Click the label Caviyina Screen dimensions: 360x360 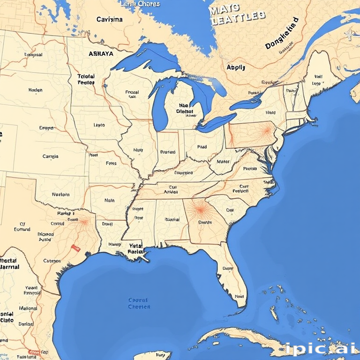tap(110, 20)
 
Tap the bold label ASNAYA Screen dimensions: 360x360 tap(101, 53)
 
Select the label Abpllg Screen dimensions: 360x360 tap(236, 67)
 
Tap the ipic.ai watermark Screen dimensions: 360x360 tap(320, 348)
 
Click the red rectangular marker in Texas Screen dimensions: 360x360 tap(74, 247)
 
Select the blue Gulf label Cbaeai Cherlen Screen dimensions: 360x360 tap(139, 303)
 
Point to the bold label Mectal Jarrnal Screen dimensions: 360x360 tap(9, 263)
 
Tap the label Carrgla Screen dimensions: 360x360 tap(50, 157)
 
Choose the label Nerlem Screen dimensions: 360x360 tap(60, 194)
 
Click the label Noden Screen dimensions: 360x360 tap(35, 90)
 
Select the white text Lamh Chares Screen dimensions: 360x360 tap(140, 4)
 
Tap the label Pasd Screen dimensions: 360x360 tap(202, 147)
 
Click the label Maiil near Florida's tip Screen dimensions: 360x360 tap(240, 296)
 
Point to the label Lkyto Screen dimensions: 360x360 tap(99, 125)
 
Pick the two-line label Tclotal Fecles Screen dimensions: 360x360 tap(86, 79)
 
